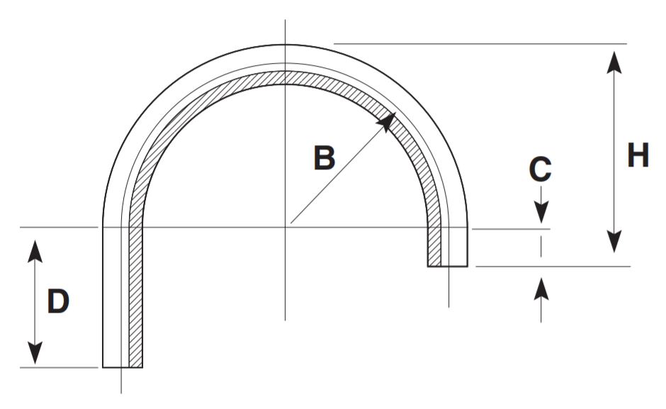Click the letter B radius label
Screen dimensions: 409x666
[x=324, y=158]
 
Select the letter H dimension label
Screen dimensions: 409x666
[x=638, y=155]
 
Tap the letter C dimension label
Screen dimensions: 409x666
[x=540, y=169]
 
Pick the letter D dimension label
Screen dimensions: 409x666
[x=58, y=303]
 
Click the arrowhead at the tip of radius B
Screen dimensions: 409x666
[x=386, y=121]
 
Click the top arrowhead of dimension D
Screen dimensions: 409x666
[x=35, y=251]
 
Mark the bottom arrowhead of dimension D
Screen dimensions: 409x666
[x=35, y=352]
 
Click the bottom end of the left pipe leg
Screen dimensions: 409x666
[x=123, y=367]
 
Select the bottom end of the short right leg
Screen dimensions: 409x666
[x=448, y=266]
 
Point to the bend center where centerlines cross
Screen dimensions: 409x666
[x=286, y=227]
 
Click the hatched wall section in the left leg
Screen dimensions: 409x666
[x=135, y=298]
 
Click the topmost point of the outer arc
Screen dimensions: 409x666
[x=286, y=45]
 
